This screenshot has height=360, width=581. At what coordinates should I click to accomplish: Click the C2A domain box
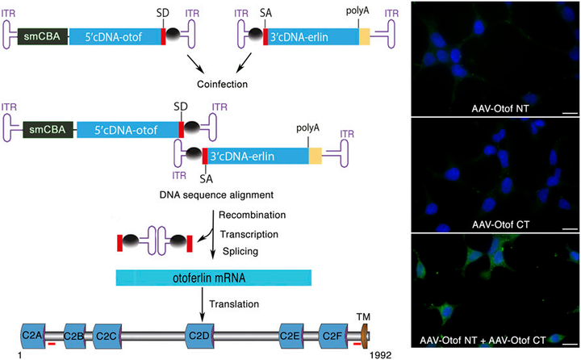(x=33, y=336)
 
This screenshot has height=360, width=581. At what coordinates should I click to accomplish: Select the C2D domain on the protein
(x=199, y=336)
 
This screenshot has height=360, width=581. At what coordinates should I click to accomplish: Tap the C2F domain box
(x=333, y=336)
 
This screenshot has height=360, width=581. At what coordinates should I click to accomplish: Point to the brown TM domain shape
(x=364, y=337)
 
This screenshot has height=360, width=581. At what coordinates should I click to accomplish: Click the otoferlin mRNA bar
(x=213, y=278)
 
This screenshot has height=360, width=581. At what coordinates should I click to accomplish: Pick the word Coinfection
(x=223, y=84)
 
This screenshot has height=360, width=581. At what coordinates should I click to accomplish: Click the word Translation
(x=234, y=304)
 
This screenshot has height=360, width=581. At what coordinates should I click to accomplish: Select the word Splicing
(x=240, y=251)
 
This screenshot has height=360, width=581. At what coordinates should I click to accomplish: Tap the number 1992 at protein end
(x=380, y=355)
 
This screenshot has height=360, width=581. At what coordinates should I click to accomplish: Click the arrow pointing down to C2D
(x=202, y=304)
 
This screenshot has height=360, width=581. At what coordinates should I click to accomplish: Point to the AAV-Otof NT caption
(x=500, y=109)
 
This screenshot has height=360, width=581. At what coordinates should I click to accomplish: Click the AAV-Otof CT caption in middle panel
(x=500, y=224)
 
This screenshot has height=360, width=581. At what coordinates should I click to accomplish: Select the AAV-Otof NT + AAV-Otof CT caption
(x=483, y=340)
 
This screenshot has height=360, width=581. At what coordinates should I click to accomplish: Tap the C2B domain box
(x=74, y=336)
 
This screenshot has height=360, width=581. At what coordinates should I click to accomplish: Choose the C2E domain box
(x=291, y=336)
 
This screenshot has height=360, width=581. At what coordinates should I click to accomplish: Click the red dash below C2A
(x=52, y=344)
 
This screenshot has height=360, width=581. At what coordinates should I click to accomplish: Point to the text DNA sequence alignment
(x=216, y=195)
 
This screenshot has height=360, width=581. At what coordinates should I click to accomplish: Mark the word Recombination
(x=252, y=215)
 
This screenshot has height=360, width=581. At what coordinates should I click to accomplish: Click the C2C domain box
(x=107, y=336)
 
